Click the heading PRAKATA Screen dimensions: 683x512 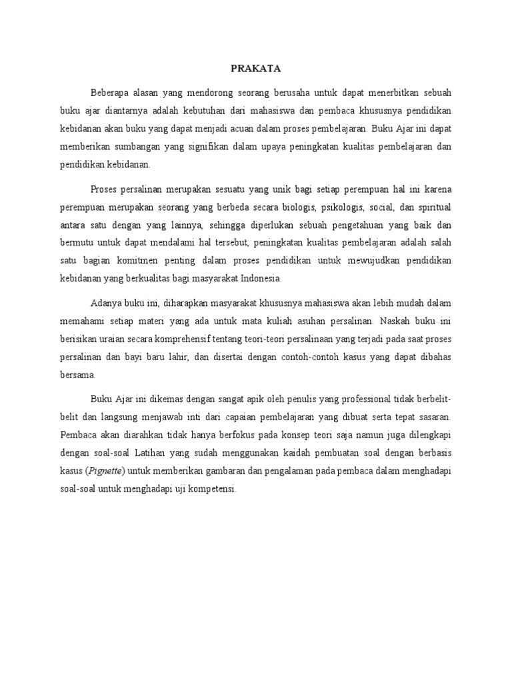(x=255, y=68)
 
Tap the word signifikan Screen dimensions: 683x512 (x=210, y=146)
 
